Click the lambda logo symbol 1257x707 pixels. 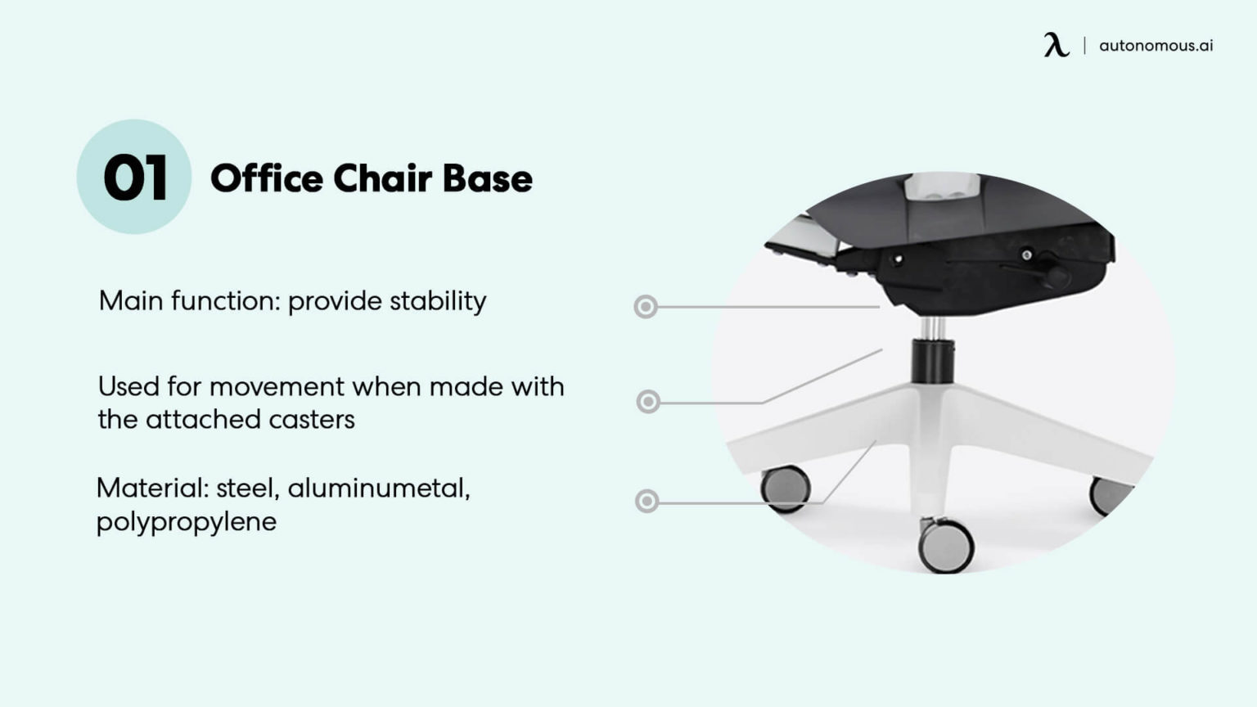pyautogui.click(x=1056, y=45)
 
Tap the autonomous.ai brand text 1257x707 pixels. pyautogui.click(x=1156, y=46)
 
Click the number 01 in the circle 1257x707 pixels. pyautogui.click(x=135, y=178)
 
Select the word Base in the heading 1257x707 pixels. pyautogui.click(x=488, y=178)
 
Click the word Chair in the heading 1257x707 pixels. pyautogui.click(x=382, y=178)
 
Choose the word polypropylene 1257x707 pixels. pyautogui.click(x=187, y=522)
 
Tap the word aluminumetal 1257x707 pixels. pyautogui.click(x=378, y=489)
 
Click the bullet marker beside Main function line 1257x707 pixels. pyautogui.click(x=646, y=307)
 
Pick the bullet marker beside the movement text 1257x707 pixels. pyautogui.click(x=648, y=402)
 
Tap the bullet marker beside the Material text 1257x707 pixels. pyautogui.click(x=647, y=501)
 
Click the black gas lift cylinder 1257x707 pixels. pyautogui.click(x=932, y=361)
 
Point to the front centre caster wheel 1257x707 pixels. pyautogui.click(x=946, y=547)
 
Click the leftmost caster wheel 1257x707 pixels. pyautogui.click(x=786, y=488)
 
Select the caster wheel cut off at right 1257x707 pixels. pyautogui.click(x=1110, y=494)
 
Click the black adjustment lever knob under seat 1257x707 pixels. pyautogui.click(x=1056, y=277)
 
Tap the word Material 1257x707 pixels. pyautogui.click(x=151, y=489)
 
